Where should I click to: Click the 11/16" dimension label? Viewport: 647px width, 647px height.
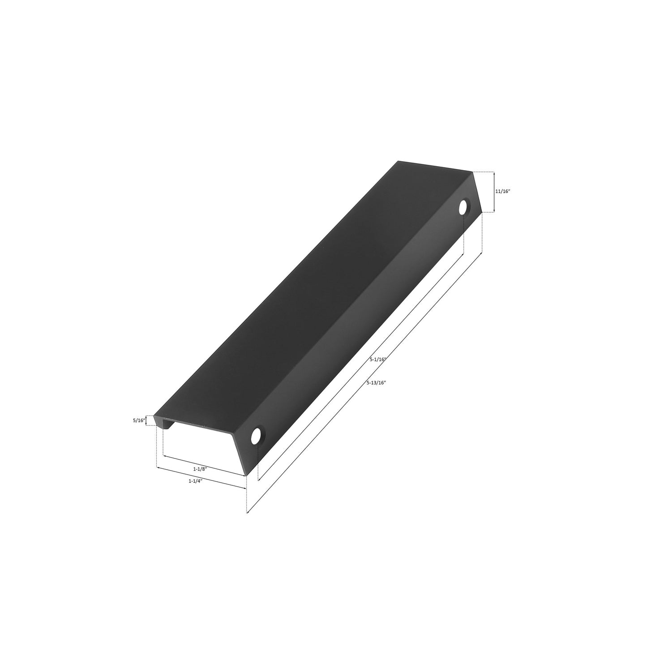tap(502, 191)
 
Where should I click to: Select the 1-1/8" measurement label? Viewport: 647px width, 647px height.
tap(199, 469)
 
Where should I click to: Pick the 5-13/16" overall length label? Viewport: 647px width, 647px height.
tap(376, 382)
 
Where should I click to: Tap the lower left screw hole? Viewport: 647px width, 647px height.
tap(257, 436)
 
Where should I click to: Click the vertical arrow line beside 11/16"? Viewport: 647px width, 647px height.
tap(493, 192)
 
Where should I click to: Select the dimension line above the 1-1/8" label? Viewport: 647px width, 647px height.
tap(204, 466)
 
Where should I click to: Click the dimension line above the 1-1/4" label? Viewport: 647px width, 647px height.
tap(201, 478)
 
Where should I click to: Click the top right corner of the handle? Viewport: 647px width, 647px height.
tap(473, 171)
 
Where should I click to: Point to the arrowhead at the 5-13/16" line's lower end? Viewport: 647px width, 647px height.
tap(249, 511)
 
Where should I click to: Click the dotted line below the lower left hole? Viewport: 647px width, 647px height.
tap(258, 461)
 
